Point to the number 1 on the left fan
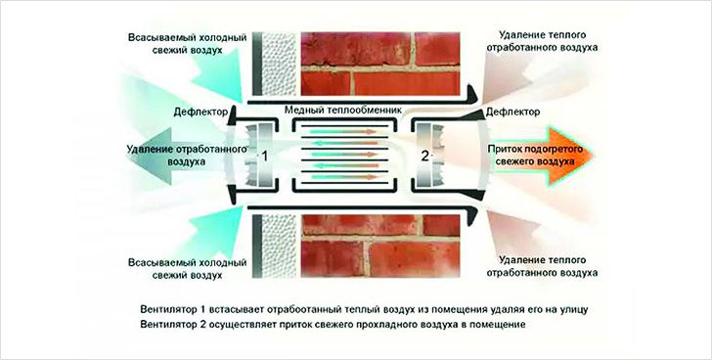262,156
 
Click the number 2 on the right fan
423,156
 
